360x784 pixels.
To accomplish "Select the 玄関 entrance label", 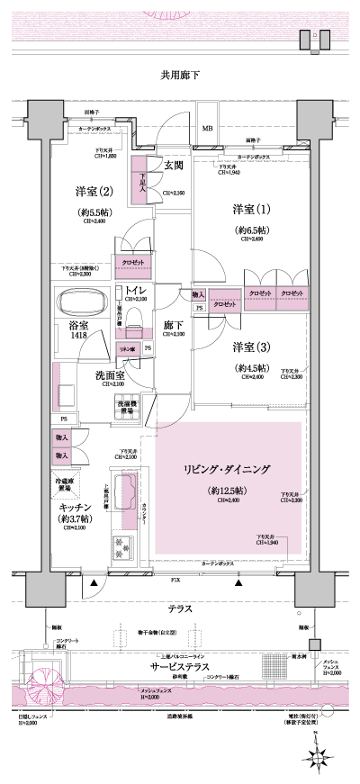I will click(x=174, y=165).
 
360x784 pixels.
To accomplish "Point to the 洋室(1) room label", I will click(x=244, y=210).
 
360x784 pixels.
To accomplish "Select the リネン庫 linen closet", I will click(x=126, y=347).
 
